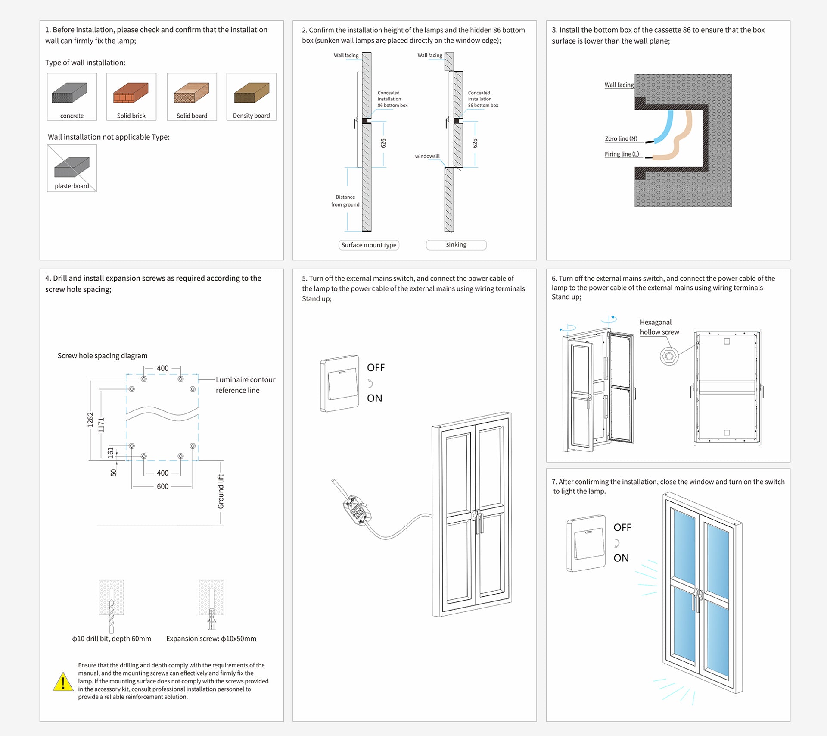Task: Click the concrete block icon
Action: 69,93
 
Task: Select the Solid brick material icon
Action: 131,93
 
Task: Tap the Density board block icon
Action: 252,93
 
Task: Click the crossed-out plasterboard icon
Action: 72,167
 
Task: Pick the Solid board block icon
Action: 192,93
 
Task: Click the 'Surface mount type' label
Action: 369,245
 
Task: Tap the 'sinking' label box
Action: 456,245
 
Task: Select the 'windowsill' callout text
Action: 427,156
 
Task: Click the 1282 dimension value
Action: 90,420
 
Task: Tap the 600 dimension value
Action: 162,486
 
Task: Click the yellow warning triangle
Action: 63,682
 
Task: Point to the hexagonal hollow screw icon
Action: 669,357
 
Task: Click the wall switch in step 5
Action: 340,383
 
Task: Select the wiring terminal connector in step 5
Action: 356,512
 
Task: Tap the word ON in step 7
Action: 621,558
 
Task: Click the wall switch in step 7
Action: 586,543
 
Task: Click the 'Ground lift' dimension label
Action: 221,492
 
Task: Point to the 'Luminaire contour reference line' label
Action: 245,385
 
